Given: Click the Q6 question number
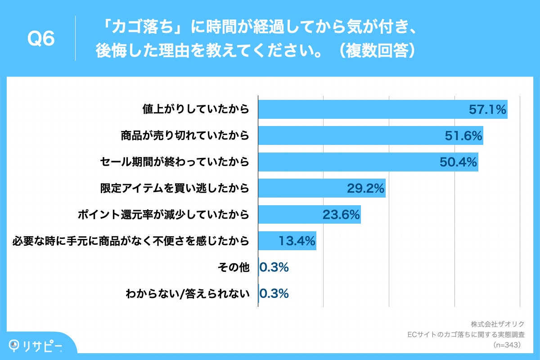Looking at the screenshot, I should (41, 39).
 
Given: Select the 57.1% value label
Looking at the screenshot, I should (488, 109).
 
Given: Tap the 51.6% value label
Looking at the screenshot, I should (463, 135).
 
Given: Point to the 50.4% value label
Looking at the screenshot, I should (458, 162).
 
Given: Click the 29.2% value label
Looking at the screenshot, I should (365, 189).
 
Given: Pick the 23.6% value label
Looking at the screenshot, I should (341, 215).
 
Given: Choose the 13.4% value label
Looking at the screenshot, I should (297, 241).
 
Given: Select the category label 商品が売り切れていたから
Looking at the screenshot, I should (185, 135).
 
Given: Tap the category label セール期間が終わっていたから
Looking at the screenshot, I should (174, 162).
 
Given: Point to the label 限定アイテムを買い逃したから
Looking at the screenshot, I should (174, 189).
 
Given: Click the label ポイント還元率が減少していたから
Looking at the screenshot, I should (163, 215).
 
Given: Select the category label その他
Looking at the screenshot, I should (233, 267).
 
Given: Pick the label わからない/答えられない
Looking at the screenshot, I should (187, 294).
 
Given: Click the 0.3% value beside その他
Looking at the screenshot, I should (274, 267).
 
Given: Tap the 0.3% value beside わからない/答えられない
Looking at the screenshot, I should (274, 294).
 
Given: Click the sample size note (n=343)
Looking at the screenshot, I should (506, 345).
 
